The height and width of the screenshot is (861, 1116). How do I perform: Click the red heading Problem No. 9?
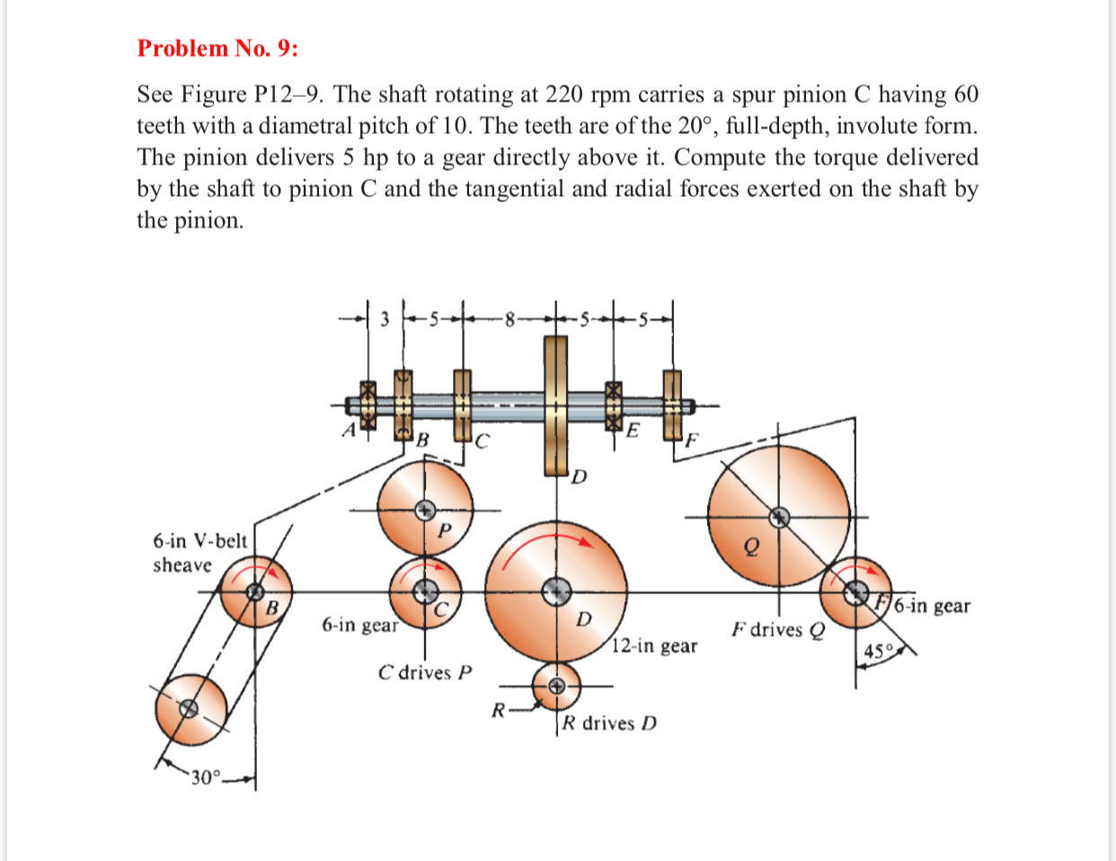[217, 49]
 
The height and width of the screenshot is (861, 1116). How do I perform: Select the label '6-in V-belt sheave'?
[199, 553]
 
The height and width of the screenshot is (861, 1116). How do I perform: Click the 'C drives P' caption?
[424, 672]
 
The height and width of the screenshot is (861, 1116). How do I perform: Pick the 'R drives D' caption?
[609, 723]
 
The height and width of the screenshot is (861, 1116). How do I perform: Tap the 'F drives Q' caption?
[777, 629]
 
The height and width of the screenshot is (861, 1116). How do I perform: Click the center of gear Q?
[779, 517]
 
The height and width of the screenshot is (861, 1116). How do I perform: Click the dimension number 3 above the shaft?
[385, 318]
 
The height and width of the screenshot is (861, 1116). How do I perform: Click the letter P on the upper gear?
[443, 530]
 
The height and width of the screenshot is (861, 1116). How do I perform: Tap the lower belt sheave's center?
[188, 708]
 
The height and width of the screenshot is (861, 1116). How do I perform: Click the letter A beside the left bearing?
[348, 430]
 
